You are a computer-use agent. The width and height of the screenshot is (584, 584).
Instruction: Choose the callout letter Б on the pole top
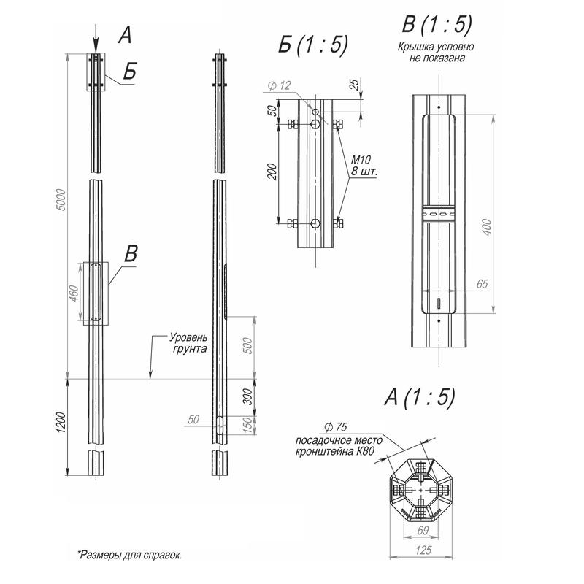click(130, 72)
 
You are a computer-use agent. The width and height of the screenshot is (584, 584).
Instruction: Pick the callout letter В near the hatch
click(131, 254)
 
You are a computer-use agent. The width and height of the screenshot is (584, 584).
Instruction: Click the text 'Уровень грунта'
click(189, 344)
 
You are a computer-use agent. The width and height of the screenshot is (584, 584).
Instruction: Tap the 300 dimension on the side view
click(248, 396)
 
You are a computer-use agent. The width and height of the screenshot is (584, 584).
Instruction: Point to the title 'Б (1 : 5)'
click(312, 45)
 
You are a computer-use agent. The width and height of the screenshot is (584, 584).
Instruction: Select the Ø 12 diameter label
click(279, 86)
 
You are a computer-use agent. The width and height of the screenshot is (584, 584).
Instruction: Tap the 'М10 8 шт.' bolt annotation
click(362, 165)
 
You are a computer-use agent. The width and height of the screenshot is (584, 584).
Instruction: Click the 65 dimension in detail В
click(481, 283)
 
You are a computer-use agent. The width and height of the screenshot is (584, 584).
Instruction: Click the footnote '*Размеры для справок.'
click(129, 555)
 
